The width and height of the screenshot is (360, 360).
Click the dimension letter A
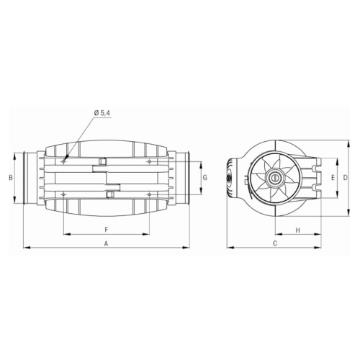coord(107,244)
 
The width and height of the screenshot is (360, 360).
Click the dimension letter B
coord(11,178)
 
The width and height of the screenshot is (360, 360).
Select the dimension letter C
coord(275,243)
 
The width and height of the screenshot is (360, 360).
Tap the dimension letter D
coord(345,178)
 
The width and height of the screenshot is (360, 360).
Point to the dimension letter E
coord(333,178)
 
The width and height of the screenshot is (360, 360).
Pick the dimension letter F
coord(107,230)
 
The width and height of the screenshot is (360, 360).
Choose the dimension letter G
coord(205,178)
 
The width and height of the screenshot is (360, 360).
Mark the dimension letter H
coord(298,230)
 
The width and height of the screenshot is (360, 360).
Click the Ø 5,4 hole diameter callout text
coord(102,113)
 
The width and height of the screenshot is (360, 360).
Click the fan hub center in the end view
coord(274,178)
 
